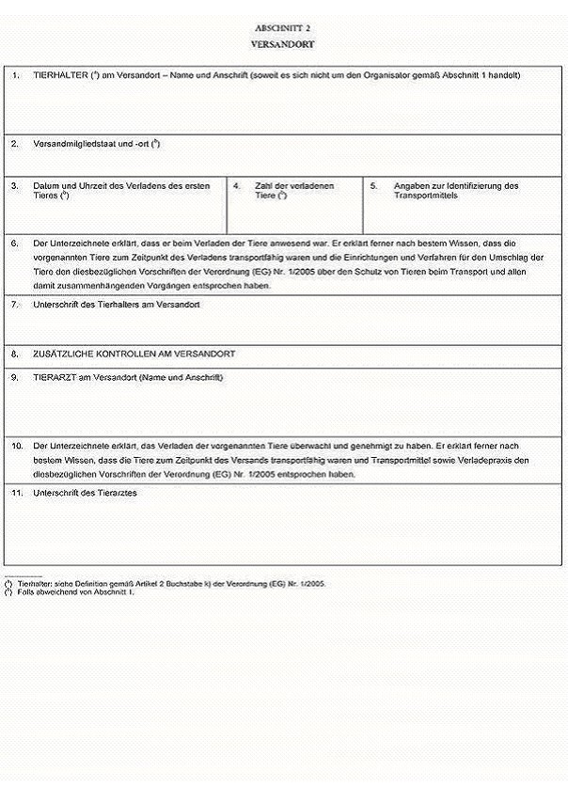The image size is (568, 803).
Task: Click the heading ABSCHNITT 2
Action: click(x=283, y=29)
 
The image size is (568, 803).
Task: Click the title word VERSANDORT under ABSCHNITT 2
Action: click(x=283, y=44)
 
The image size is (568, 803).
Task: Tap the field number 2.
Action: click(x=15, y=144)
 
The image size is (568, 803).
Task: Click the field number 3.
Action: click(x=15, y=186)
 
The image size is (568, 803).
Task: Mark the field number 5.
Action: click(x=373, y=186)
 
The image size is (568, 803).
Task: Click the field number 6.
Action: click(x=15, y=243)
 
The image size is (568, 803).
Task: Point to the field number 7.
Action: click(x=15, y=305)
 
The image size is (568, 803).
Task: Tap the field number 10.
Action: click(x=17, y=445)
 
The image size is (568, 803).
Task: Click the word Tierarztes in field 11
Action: click(x=116, y=493)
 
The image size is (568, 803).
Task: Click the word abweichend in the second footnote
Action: click(x=53, y=592)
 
